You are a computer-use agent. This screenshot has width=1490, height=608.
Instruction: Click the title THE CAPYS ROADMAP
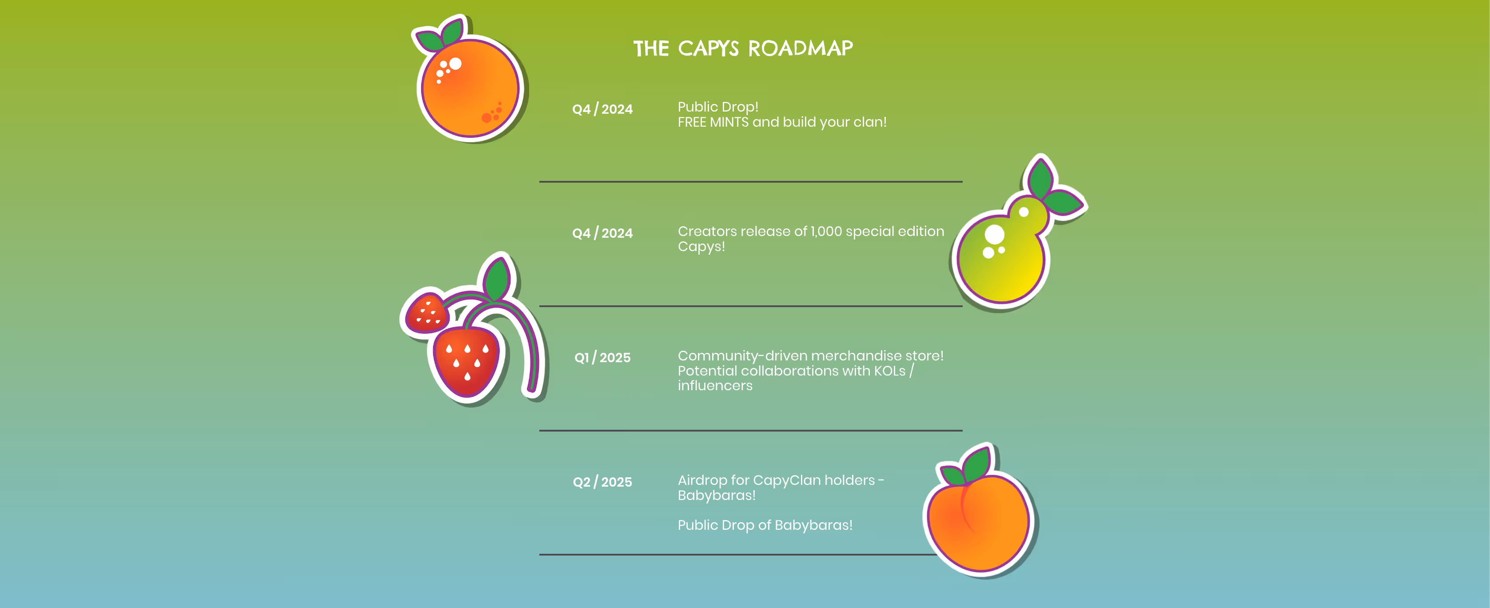tap(743, 48)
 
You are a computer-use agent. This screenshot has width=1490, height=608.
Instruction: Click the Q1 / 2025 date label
tap(602, 357)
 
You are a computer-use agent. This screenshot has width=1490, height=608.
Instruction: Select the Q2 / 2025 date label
tap(602, 482)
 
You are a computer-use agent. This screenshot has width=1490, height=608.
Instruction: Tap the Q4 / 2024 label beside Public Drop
tap(602, 109)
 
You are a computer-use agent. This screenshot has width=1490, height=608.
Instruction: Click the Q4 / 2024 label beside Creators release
tap(602, 233)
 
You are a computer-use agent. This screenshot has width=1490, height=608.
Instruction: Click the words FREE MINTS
tap(713, 122)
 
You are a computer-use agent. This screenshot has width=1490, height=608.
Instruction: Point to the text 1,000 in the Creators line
tap(826, 232)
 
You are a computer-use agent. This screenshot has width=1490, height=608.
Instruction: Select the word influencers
tap(715, 386)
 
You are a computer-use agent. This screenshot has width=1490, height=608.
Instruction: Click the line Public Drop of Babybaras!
tap(765, 525)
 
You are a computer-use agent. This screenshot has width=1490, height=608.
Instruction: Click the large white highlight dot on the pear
tap(994, 234)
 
